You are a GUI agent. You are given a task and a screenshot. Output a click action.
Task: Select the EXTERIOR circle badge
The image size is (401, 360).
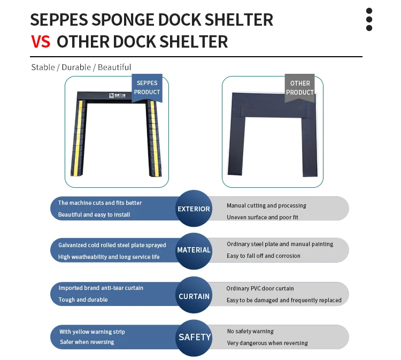(x=194, y=209)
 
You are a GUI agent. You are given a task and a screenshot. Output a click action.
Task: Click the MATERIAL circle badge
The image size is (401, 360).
(x=194, y=250)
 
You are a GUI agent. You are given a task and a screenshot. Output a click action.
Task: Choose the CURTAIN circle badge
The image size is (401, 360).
(x=194, y=296)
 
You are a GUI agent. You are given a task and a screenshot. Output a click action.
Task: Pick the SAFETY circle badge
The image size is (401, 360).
(x=194, y=337)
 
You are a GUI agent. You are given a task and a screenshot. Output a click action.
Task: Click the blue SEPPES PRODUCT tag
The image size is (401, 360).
(x=146, y=87)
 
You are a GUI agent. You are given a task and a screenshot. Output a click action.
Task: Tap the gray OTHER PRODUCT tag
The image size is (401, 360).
(x=299, y=87)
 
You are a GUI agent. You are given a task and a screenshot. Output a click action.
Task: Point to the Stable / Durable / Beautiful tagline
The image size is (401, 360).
(x=81, y=67)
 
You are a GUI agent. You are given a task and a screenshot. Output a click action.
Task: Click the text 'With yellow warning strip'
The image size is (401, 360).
(x=92, y=332)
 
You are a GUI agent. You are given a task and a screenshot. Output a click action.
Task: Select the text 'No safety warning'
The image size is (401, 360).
(x=250, y=331)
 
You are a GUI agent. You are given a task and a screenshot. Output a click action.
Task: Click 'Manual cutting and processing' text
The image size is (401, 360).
(x=266, y=205)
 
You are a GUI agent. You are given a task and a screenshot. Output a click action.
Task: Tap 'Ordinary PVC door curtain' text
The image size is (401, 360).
(x=260, y=288)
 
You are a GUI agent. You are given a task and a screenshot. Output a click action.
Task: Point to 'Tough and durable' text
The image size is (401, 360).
(x=83, y=300)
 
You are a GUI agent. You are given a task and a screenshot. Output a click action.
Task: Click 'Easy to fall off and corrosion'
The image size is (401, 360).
(x=264, y=256)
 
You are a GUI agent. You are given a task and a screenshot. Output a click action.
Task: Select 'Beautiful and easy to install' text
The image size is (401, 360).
(x=94, y=215)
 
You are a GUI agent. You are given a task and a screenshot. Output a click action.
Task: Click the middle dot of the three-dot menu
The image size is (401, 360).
(x=369, y=19)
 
